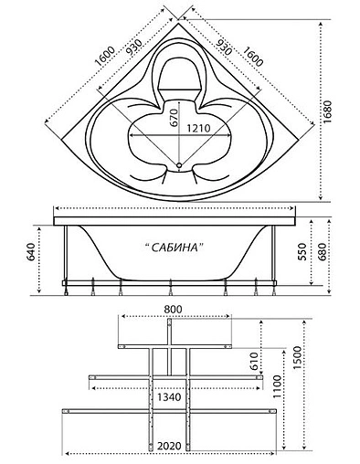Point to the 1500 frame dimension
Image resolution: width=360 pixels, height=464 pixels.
[x=298, y=378]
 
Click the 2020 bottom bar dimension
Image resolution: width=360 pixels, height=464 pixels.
[x=167, y=446]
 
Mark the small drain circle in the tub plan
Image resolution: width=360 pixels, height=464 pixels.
[x=179, y=167]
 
